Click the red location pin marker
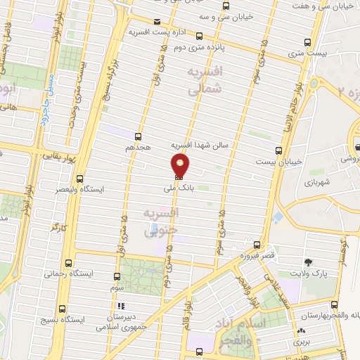[181, 166]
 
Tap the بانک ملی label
[172, 188]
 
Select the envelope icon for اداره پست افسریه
[155, 22]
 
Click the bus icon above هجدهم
[137, 137]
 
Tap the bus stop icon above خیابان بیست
[279, 150]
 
